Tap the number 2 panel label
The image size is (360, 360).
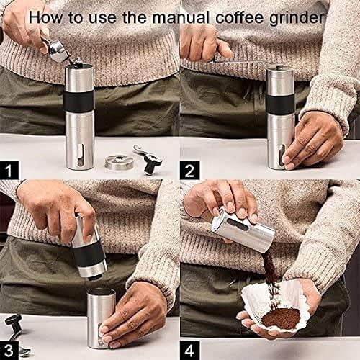tap(190, 171)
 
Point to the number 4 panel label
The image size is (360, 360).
tap(190, 351)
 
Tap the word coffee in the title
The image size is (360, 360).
tap(243, 16)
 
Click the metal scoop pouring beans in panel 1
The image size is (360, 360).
tap(56, 48)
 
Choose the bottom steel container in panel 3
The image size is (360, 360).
tap(100, 317)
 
